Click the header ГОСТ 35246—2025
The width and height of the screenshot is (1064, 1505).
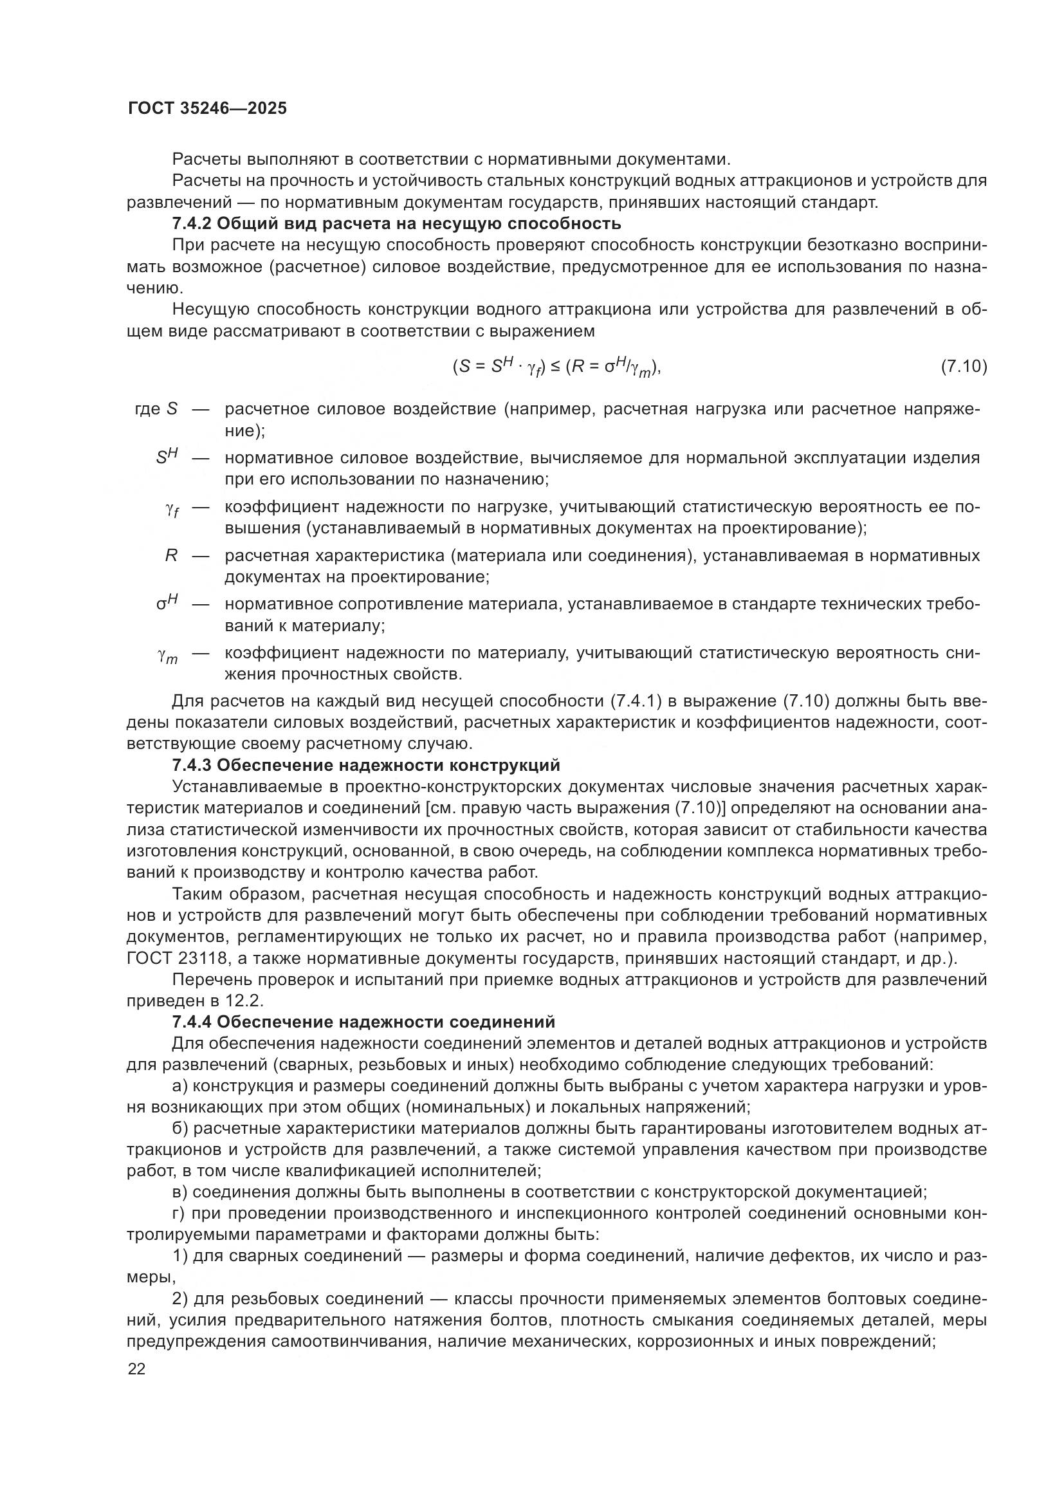(207, 109)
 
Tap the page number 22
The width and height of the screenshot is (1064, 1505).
(136, 1369)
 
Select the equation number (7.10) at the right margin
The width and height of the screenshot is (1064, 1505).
(963, 365)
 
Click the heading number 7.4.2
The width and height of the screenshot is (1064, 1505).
(191, 223)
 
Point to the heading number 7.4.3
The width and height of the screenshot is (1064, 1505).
(191, 765)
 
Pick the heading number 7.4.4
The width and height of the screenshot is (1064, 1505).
(191, 1022)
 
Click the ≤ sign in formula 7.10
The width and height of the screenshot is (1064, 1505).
(555, 365)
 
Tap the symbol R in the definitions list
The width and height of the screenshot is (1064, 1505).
(171, 556)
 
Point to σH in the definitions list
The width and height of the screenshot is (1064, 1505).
(167, 602)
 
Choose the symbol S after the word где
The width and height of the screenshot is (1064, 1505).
(172, 409)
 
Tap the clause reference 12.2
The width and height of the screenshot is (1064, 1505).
(248, 1001)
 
